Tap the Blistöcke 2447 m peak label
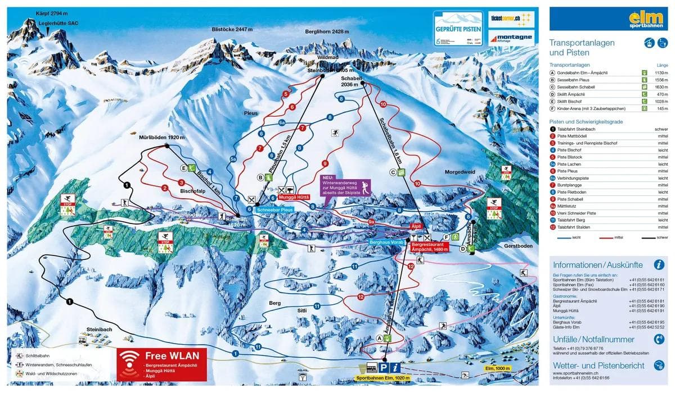click(232, 29)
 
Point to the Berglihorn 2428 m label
click(327, 31)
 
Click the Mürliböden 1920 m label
click(162, 138)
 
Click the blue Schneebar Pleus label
click(275, 209)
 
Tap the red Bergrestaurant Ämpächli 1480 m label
click(430, 247)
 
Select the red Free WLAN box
click(162, 365)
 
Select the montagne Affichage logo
click(511, 37)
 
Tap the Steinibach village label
click(99, 329)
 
